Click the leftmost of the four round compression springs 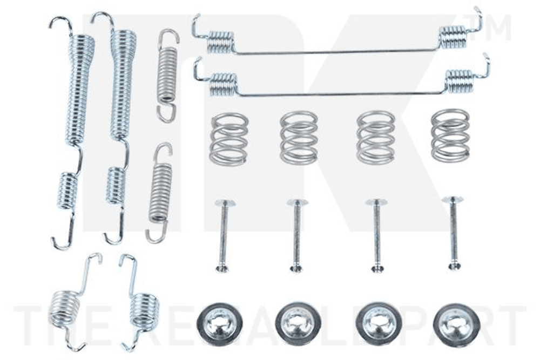pos(228,138)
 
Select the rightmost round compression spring pos(450,135)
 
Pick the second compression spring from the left pos(299,137)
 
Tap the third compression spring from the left pos(375,137)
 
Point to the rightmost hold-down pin pos(453,232)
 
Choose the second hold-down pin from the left pos(296,235)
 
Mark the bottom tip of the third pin pos(377,268)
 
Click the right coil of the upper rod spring pos(453,37)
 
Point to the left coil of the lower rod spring pos(223,84)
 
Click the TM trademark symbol pos(494,28)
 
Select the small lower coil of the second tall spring pos(116,185)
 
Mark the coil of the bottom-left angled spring pos(64,309)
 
